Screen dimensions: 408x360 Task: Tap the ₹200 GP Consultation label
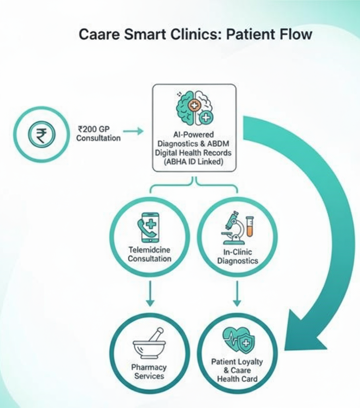click(98, 133)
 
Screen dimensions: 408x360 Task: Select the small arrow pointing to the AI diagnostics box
click(133, 130)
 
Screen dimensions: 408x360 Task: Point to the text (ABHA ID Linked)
click(194, 162)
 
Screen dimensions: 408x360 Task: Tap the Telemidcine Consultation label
click(149, 254)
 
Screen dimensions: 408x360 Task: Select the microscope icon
click(234, 228)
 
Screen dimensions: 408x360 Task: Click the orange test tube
click(250, 226)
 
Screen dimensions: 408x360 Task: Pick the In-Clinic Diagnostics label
click(238, 257)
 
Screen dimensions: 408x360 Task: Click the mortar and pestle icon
click(149, 343)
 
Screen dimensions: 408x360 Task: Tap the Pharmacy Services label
click(149, 371)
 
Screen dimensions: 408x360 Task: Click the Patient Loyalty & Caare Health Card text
click(237, 370)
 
